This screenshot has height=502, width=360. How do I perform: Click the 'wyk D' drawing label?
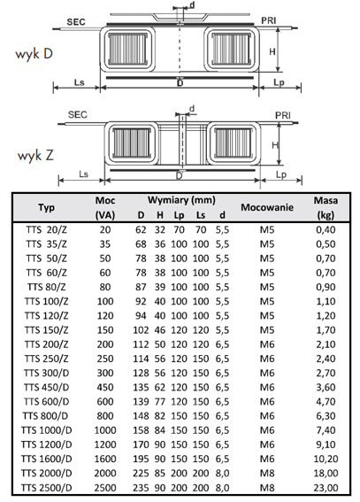tap(34, 54)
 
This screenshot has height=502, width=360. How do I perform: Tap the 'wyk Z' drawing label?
tap(35, 155)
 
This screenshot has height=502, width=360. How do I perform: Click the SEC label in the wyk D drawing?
tap(76, 22)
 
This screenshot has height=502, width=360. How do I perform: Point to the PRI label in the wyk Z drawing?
tap(283, 115)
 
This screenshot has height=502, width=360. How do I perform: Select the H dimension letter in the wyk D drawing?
tap(272, 51)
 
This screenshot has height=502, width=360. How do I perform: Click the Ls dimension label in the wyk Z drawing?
tap(83, 174)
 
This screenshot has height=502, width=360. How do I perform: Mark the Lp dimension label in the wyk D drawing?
tap(279, 82)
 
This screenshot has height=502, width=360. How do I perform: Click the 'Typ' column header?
tap(47, 207)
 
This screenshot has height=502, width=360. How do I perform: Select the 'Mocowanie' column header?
tap(267, 207)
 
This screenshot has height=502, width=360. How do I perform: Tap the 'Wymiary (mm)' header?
tap(181, 200)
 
